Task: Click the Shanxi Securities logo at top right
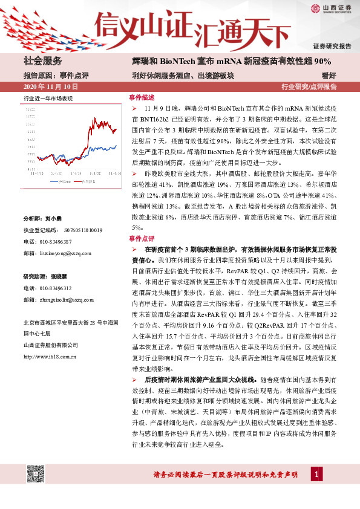(330, 8)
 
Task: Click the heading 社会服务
(42, 62)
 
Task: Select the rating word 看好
(345, 76)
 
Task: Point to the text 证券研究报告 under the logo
(332, 46)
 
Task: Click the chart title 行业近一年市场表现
(48, 98)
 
